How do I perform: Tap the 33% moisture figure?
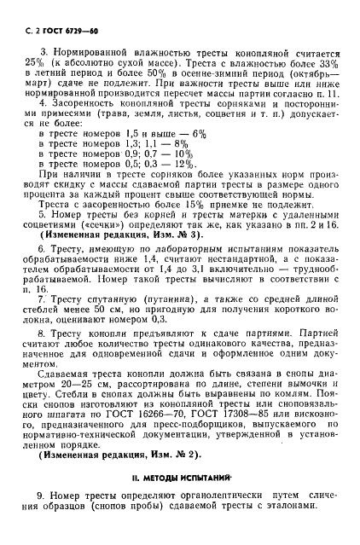coord(317,64)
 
